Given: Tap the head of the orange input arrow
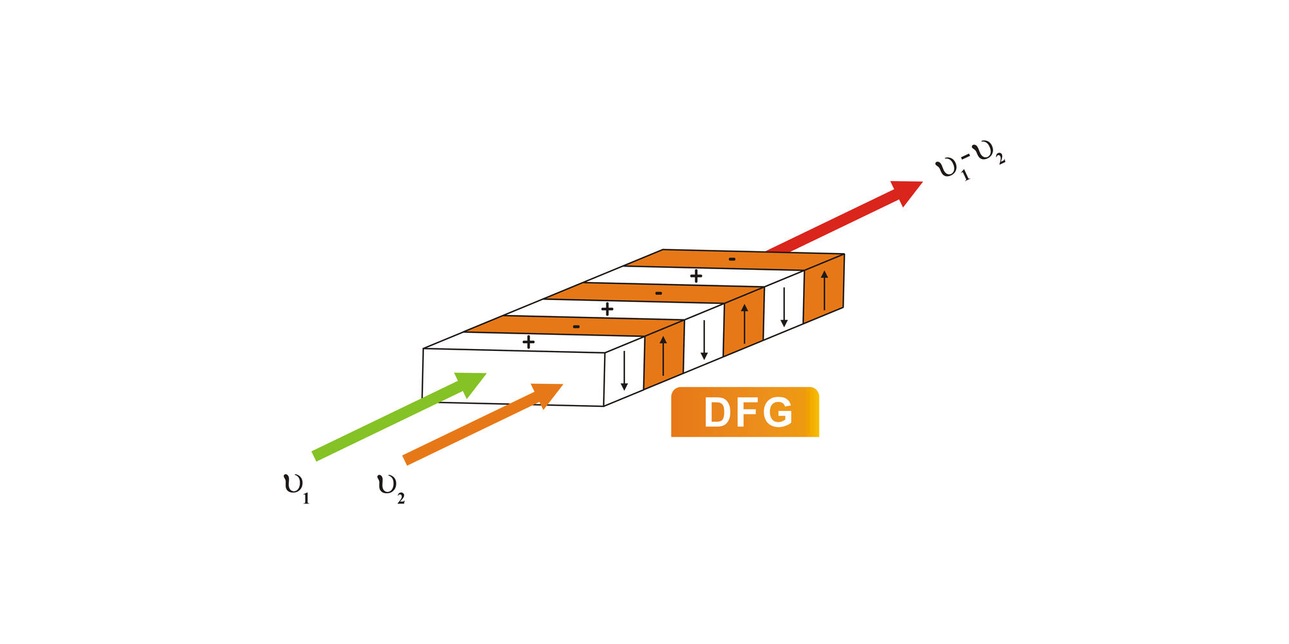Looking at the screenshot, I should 549,392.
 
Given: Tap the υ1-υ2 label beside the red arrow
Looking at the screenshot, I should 969,165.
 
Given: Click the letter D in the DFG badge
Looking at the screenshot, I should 717,413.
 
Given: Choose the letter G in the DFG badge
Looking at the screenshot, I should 779,413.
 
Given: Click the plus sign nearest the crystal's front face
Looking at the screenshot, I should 528,342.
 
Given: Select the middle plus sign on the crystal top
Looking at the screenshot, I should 607,309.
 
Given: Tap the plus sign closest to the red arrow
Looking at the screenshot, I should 696,276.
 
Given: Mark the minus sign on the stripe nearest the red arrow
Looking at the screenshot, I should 732,259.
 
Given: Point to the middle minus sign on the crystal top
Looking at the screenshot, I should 659,293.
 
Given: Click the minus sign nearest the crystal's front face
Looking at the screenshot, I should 576,327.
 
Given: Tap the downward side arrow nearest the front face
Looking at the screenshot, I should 624,370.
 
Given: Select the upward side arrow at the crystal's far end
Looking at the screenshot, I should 824,290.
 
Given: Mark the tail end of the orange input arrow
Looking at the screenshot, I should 406,460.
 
